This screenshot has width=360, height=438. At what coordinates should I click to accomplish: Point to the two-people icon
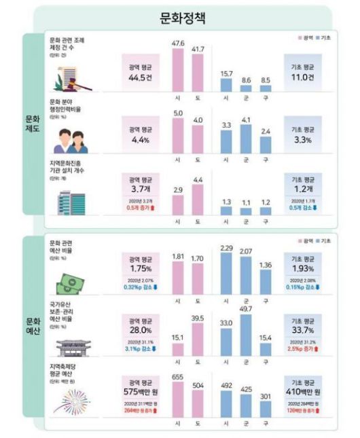pos(71,139)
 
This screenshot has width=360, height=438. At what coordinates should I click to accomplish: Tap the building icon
pos(70,202)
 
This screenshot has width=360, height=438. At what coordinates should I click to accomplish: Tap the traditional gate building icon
pos(71,346)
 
